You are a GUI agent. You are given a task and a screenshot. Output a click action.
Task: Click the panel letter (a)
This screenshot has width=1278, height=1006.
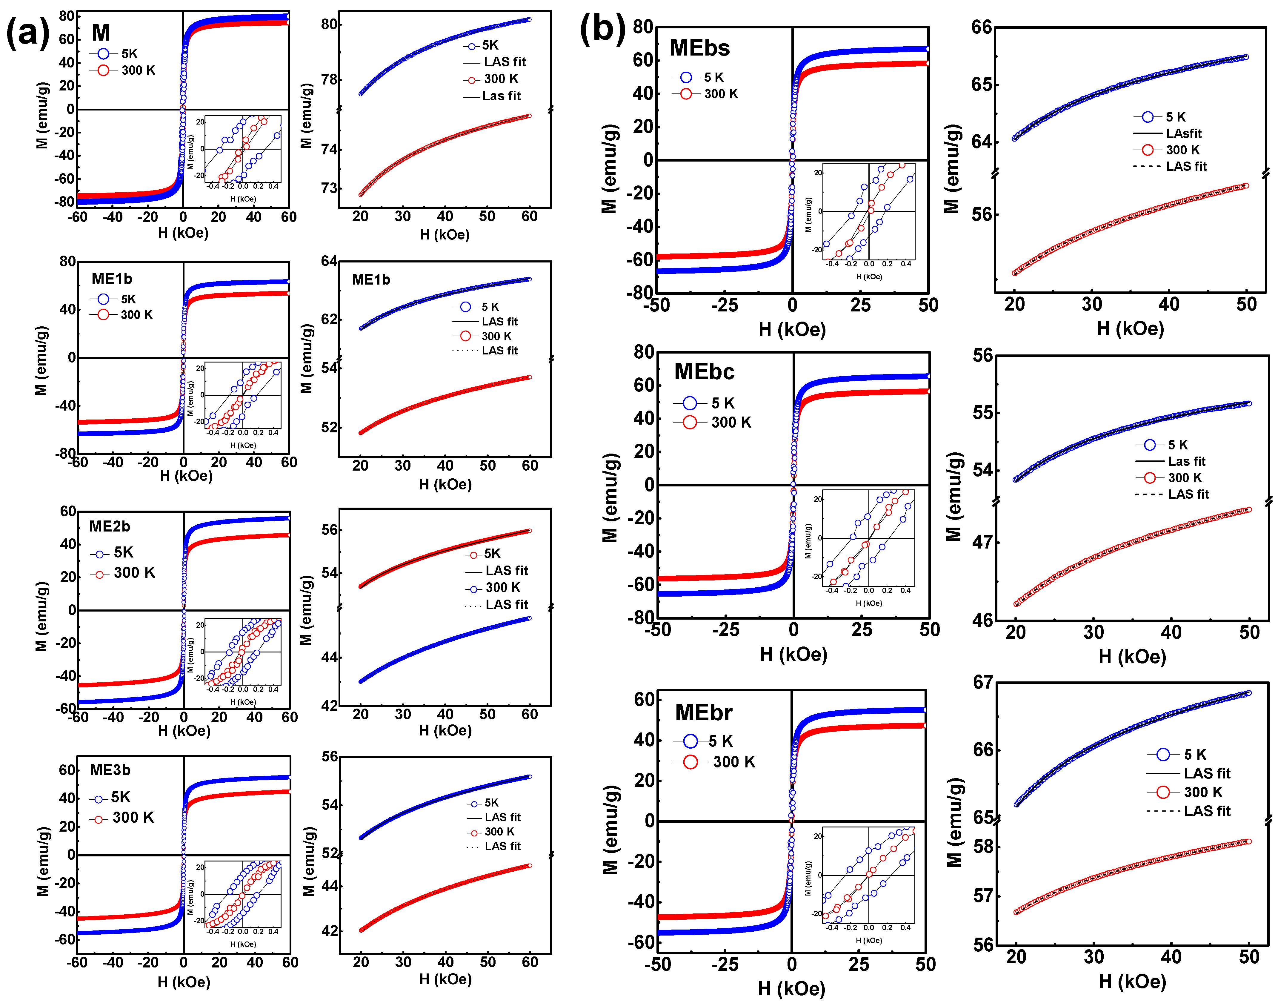coord(28,32)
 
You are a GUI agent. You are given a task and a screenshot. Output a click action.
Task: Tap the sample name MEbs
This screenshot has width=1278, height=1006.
coord(700,48)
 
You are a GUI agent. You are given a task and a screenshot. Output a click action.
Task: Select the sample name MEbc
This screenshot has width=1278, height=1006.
coord(704,372)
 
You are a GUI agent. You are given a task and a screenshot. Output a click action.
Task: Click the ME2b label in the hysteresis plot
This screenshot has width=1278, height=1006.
coord(110,526)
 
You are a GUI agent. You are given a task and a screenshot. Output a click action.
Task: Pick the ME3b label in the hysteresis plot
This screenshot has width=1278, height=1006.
coord(110,770)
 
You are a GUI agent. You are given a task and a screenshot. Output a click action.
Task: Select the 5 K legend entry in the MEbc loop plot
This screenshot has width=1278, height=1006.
coord(723,403)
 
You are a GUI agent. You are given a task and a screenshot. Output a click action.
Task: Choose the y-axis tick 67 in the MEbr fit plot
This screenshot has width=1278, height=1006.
coord(983,682)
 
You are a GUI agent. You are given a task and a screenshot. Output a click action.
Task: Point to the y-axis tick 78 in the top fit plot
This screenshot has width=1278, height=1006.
coord(330,79)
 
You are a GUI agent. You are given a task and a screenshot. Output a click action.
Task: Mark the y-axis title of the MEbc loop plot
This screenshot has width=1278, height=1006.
coord(610,498)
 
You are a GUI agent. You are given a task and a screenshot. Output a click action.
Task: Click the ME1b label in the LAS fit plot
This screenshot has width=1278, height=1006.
coord(371,280)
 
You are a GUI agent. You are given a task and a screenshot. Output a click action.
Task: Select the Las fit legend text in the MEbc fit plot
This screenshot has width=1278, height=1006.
coord(1187,461)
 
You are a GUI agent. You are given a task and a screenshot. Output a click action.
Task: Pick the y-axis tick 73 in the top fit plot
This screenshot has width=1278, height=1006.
coord(330,188)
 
